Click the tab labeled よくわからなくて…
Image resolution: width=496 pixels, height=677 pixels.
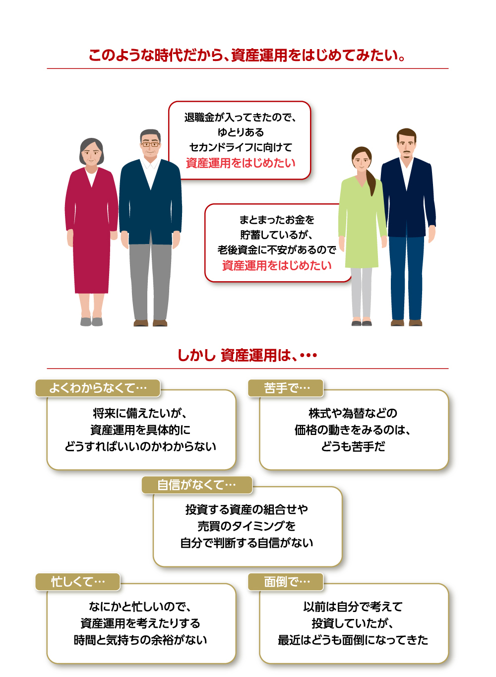coord(98,388)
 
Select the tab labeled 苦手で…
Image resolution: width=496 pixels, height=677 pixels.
coord(286,388)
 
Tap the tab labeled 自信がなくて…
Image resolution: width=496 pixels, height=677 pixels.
coord(196,485)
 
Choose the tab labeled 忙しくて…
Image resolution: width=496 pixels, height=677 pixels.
coord(78,581)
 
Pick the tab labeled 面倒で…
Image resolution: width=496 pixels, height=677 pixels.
coord(286,581)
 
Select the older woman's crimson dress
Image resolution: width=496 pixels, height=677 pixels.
coord(91,233)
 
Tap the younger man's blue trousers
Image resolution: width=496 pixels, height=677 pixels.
coord(407,278)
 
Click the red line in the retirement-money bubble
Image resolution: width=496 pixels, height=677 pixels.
coord(241,163)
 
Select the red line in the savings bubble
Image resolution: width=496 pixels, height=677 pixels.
coord(277,265)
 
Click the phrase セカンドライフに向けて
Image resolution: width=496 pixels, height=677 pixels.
coord(241,147)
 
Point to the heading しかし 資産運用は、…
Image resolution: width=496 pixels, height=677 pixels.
coord(247,355)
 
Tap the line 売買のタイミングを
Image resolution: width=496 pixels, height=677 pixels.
coord(247,526)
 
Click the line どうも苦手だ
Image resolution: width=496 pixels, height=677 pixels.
coord(353,446)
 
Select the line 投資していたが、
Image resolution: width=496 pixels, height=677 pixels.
coord(353,623)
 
